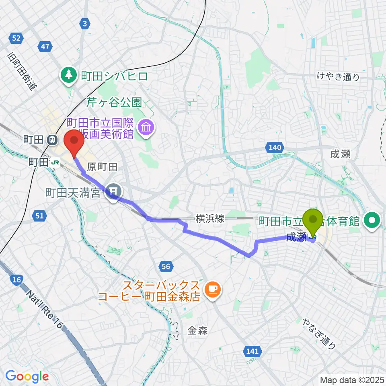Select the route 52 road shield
[16, 38]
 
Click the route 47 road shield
[45, 47]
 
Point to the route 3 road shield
[84, 25]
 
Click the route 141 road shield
[252, 351]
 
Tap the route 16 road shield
[16, 280]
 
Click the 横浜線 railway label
[209, 218]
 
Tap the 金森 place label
[197, 331]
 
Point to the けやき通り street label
[338, 77]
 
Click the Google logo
[27, 376]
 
